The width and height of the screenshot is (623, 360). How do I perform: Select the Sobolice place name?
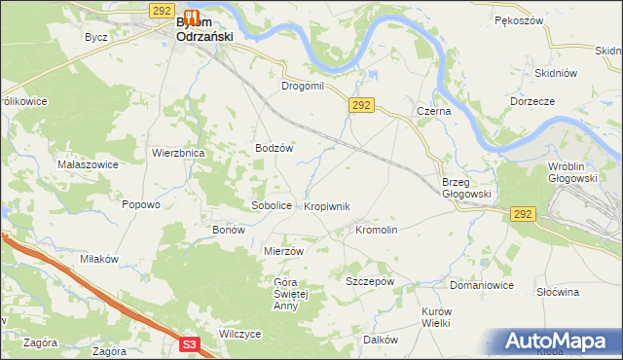272,206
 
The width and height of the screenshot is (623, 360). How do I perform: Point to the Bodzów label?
274,148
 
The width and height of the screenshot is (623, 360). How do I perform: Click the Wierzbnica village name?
177,153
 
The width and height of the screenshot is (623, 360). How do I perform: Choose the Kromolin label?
376,231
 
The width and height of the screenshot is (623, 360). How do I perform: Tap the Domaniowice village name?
481,286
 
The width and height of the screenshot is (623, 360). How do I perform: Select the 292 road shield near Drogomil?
360,104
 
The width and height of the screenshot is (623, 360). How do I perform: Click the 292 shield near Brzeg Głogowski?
522,214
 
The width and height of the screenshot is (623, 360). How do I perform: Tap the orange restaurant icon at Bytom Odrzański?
192,17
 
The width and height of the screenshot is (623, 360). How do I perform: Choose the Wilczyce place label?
240,334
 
